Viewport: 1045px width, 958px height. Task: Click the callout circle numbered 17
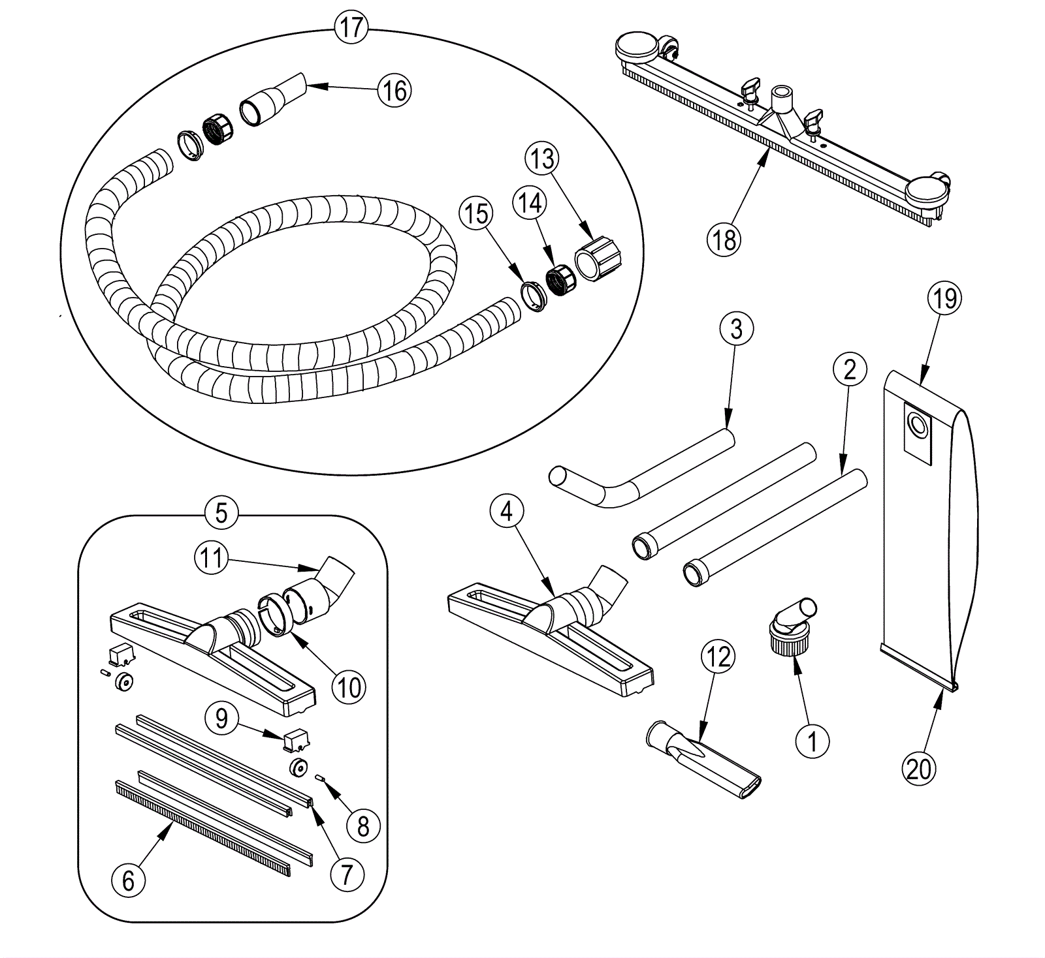[351, 27]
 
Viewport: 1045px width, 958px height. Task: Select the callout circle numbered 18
[724, 239]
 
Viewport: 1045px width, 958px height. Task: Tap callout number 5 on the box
[221, 513]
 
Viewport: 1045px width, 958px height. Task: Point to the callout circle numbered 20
[918, 768]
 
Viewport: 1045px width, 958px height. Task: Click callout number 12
[718, 657]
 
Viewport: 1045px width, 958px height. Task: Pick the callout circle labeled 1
[812, 741]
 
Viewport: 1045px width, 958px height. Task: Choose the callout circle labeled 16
[395, 90]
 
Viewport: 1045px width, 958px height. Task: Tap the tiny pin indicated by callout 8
[321, 777]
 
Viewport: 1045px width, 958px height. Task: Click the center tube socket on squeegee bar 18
[781, 100]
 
